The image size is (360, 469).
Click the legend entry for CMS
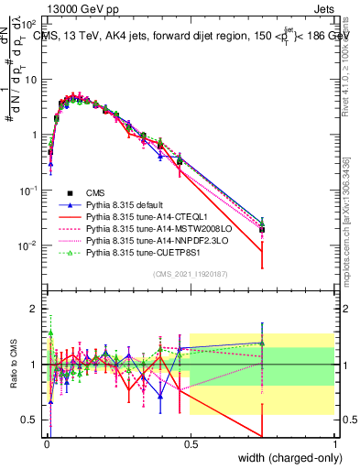point(95,193)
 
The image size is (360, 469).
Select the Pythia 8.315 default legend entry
point(124,205)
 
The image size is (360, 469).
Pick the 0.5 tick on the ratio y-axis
point(32,420)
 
